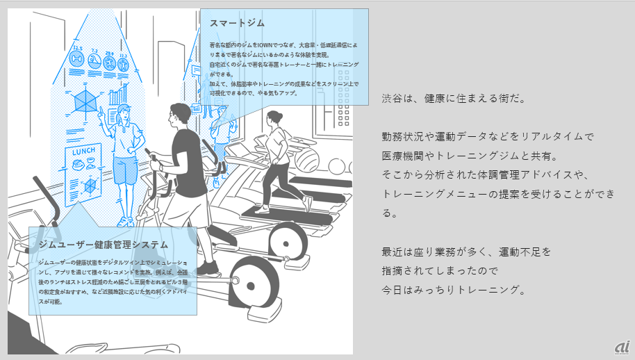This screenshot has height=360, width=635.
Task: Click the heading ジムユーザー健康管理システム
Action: point(104,245)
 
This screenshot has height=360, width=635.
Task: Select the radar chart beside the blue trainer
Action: point(86,100)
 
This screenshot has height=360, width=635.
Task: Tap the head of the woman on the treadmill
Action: point(274,118)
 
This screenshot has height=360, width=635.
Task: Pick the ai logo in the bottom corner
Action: point(621,347)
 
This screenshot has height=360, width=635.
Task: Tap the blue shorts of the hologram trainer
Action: point(125,170)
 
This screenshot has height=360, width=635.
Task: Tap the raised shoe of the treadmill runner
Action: point(305,202)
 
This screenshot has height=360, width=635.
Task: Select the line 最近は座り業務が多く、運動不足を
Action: point(465,251)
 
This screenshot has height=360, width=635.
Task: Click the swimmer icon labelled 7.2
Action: point(94,62)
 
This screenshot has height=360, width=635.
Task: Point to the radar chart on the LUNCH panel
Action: point(90,186)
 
